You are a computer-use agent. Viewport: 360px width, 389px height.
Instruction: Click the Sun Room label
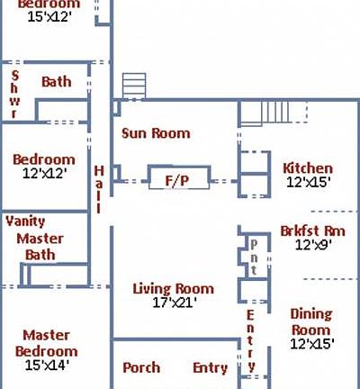tap(156, 133)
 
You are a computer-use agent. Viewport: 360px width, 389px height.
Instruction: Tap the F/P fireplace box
tap(177, 180)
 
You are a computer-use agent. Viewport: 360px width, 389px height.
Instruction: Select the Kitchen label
tap(308, 167)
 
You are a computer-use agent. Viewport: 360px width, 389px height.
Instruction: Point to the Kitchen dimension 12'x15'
tap(308, 181)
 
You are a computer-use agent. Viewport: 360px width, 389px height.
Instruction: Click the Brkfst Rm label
tap(311, 230)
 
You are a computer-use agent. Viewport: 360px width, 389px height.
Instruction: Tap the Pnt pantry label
tap(255, 257)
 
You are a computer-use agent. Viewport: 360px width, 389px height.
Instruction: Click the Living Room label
tap(173, 289)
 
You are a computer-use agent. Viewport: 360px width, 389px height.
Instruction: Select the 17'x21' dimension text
tap(174, 303)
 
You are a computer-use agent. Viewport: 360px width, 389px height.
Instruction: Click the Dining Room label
tap(310, 322)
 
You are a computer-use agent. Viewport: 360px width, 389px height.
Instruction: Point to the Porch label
tap(141, 367)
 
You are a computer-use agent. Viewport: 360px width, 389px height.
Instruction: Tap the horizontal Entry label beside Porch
tap(211, 367)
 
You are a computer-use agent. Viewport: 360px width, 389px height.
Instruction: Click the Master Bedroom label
tap(47, 343)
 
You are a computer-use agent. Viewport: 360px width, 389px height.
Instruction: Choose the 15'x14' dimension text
tap(47, 365)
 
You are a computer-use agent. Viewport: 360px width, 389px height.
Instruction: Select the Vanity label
tap(25, 221)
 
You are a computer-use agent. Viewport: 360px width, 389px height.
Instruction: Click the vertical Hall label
tap(99, 189)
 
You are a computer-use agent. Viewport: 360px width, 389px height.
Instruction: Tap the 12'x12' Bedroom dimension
tap(43, 173)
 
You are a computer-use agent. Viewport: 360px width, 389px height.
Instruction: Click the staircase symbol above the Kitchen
tap(277, 113)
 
